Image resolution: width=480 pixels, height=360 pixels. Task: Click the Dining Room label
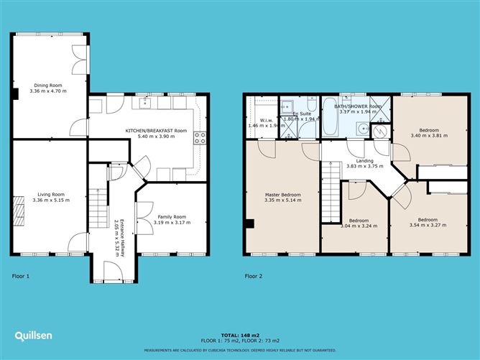coord(48,86)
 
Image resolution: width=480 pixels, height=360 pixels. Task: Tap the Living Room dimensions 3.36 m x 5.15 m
coord(48,200)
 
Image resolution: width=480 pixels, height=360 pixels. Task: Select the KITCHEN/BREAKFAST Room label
coord(156,130)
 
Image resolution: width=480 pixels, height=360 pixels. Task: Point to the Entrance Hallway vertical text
coord(122,236)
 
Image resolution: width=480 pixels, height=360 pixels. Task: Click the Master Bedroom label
coord(282,195)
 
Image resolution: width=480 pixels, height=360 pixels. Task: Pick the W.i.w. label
coord(266,120)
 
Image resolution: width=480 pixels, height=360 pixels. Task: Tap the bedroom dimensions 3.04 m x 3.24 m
coord(358,226)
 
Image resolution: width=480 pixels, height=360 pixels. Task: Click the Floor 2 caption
coord(253,275)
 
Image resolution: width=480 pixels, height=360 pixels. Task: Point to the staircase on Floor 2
coord(329,198)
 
